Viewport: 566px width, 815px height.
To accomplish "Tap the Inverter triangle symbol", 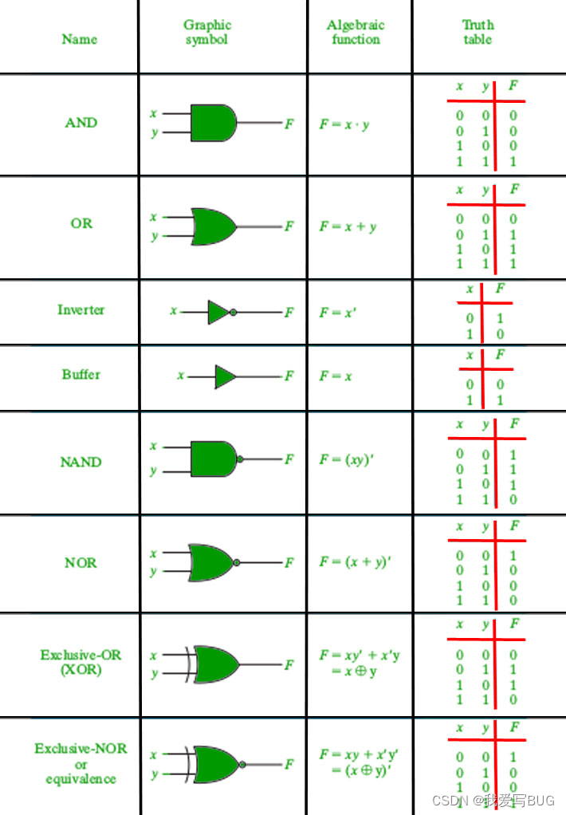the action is [x=218, y=312].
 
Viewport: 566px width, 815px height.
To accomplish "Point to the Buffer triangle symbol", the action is [x=225, y=376].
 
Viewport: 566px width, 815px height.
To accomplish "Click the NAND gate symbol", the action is [x=213, y=459].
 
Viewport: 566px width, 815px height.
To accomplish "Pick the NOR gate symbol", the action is [x=212, y=562].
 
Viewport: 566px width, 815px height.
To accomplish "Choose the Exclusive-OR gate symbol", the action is [x=214, y=664].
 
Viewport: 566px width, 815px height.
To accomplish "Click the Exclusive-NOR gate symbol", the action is [x=214, y=764].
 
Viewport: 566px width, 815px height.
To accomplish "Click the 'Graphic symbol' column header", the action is [x=206, y=33].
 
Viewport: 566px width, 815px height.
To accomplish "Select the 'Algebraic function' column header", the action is [x=356, y=32].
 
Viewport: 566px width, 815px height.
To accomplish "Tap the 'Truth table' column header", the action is [x=478, y=32].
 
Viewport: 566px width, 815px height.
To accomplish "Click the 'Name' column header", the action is [x=80, y=39].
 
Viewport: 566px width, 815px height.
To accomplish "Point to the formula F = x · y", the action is [x=344, y=124].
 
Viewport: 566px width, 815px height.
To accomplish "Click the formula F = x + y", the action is [x=348, y=226].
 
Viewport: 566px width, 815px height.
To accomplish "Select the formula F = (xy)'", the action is [x=344, y=459].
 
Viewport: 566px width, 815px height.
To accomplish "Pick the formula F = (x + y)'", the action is [x=355, y=562].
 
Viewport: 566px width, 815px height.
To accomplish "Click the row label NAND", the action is [x=81, y=462].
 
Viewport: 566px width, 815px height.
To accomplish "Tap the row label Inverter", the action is [x=81, y=309].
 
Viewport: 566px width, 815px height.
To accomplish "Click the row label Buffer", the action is [x=81, y=374].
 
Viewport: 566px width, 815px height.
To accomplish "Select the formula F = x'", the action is [x=338, y=312].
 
